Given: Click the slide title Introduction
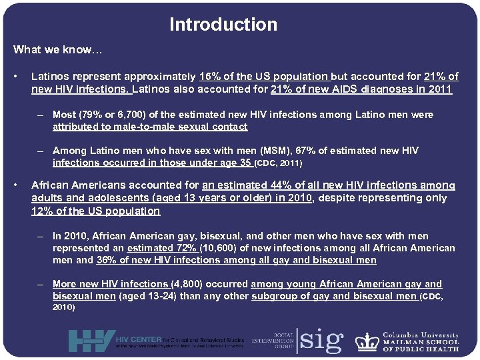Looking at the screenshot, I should point(223,25).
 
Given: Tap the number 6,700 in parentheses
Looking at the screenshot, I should point(128,115).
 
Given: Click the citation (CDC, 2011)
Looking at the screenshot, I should point(278,163).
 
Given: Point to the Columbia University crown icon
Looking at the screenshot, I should point(367,341).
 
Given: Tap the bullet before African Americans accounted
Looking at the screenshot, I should point(22,185).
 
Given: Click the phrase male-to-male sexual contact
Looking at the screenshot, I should point(150,127).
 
